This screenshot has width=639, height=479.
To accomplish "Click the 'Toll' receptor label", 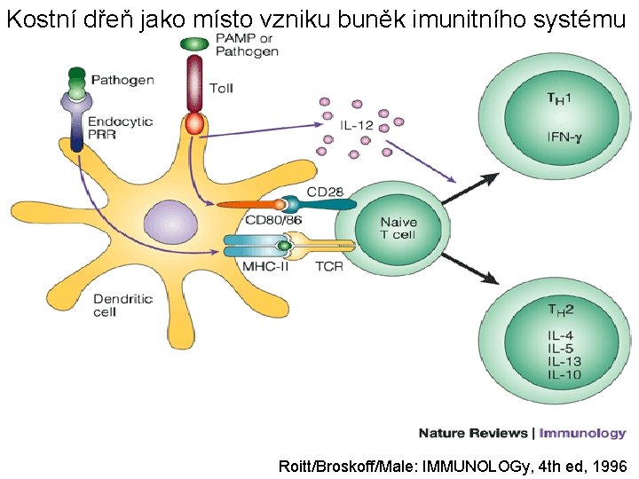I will (x=221, y=88).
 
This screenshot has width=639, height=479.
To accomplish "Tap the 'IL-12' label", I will (x=356, y=126).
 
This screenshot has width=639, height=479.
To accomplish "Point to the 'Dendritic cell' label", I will (x=122, y=305).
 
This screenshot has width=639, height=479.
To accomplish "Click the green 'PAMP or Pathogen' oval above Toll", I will (x=193, y=43).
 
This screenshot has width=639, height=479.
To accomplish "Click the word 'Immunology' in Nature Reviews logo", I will (x=583, y=433).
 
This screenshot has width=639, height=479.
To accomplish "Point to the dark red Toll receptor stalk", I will (x=193, y=84).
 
